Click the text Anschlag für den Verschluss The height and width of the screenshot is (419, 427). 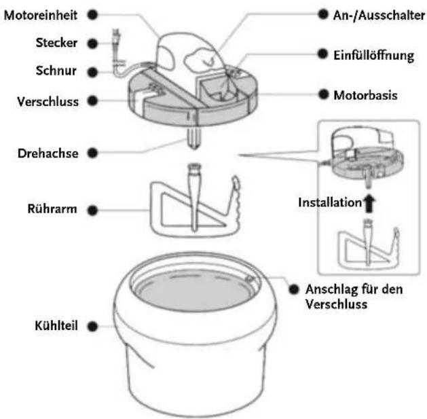click(x=354, y=297)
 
